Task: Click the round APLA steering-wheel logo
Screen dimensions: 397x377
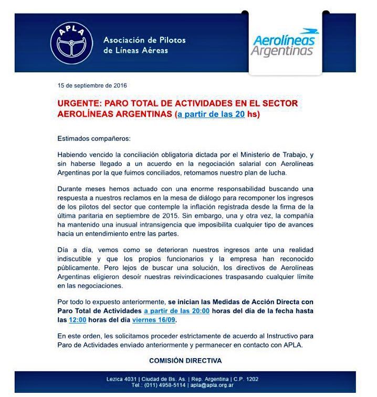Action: (71, 44)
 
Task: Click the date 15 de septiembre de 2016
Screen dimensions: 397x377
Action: (92, 85)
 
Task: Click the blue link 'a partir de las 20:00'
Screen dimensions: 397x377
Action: (177, 311)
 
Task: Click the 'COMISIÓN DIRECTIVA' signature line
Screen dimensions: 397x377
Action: (185, 360)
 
